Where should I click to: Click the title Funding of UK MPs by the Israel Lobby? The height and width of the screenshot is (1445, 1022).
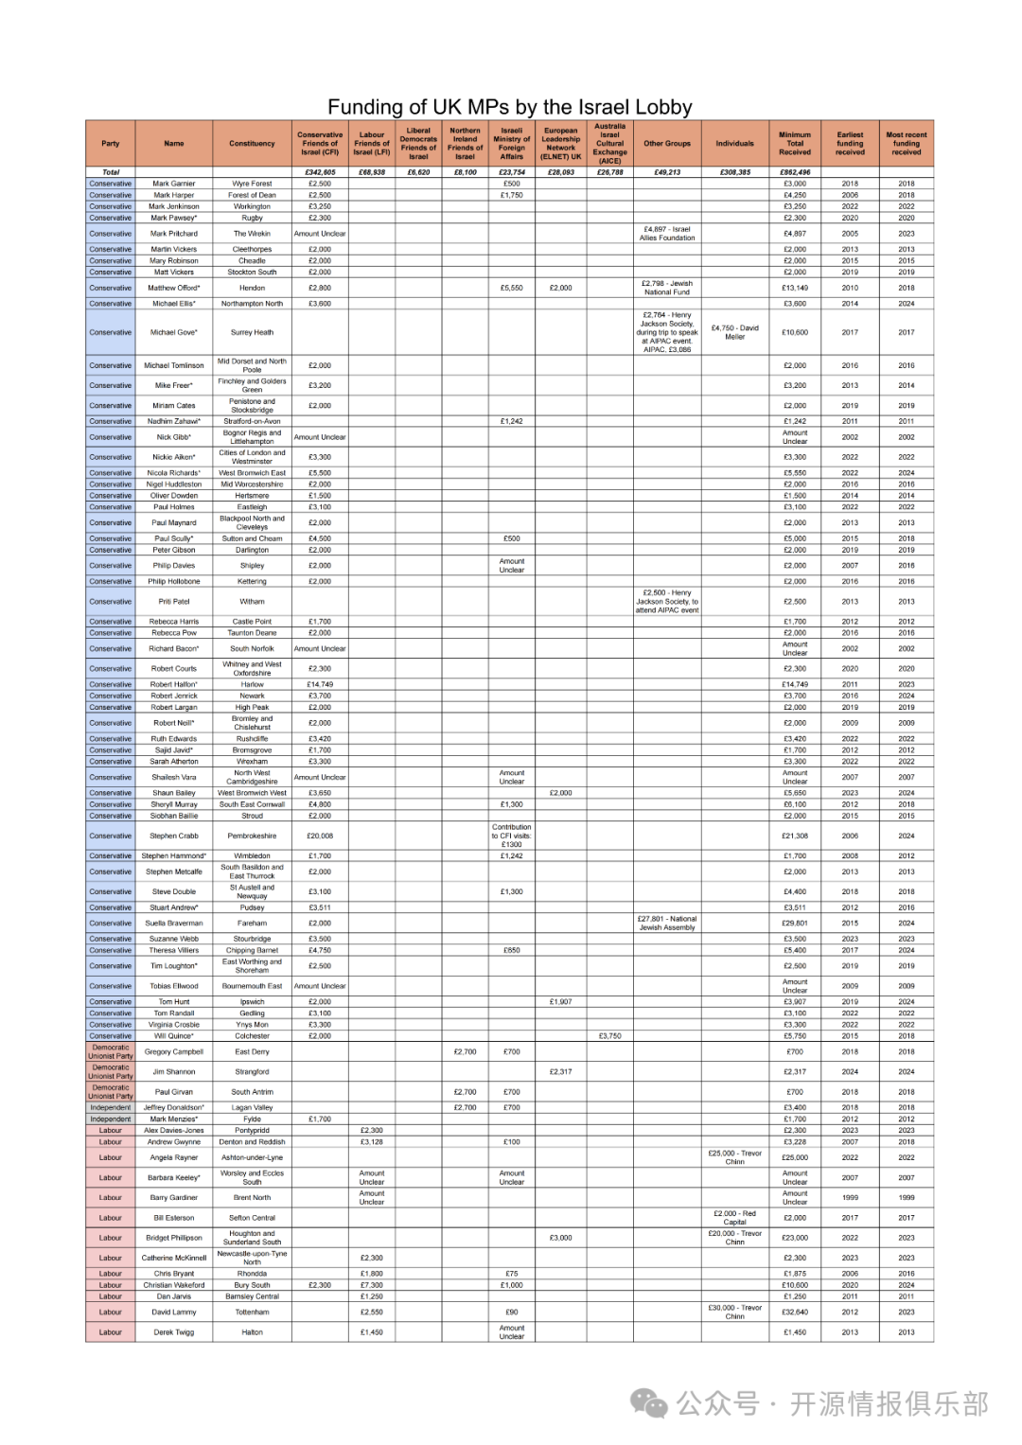[510, 107]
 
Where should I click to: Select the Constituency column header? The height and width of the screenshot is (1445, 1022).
[252, 144]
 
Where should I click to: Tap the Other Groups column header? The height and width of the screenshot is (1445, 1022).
[667, 144]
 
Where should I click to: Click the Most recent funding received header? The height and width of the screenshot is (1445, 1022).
[906, 144]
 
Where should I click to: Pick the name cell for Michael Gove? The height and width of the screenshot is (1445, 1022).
[174, 332]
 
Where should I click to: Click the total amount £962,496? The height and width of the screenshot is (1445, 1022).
[795, 172]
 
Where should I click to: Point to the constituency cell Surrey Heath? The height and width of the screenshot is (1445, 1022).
[252, 332]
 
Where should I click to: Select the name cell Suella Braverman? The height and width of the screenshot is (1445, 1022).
[174, 923]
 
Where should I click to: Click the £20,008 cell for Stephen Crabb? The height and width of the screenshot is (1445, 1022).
[320, 836]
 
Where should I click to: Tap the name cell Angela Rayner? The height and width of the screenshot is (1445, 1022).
[174, 1157]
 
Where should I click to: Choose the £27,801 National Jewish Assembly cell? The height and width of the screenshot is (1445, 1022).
[667, 923]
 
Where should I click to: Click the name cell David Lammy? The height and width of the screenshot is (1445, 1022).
[174, 1313]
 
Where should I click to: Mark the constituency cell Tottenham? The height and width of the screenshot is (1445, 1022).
[252, 1313]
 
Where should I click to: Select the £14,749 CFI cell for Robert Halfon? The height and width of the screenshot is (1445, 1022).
[320, 684]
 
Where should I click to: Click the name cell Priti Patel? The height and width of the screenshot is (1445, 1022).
[174, 602]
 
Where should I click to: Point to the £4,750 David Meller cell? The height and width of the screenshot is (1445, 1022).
[734, 332]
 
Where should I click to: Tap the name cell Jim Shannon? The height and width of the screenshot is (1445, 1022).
[174, 1072]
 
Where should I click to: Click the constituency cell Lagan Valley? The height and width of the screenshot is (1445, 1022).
[252, 1107]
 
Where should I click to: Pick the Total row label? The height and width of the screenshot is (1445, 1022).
[111, 172]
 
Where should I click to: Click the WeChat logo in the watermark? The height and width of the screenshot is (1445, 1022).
[649, 1403]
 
